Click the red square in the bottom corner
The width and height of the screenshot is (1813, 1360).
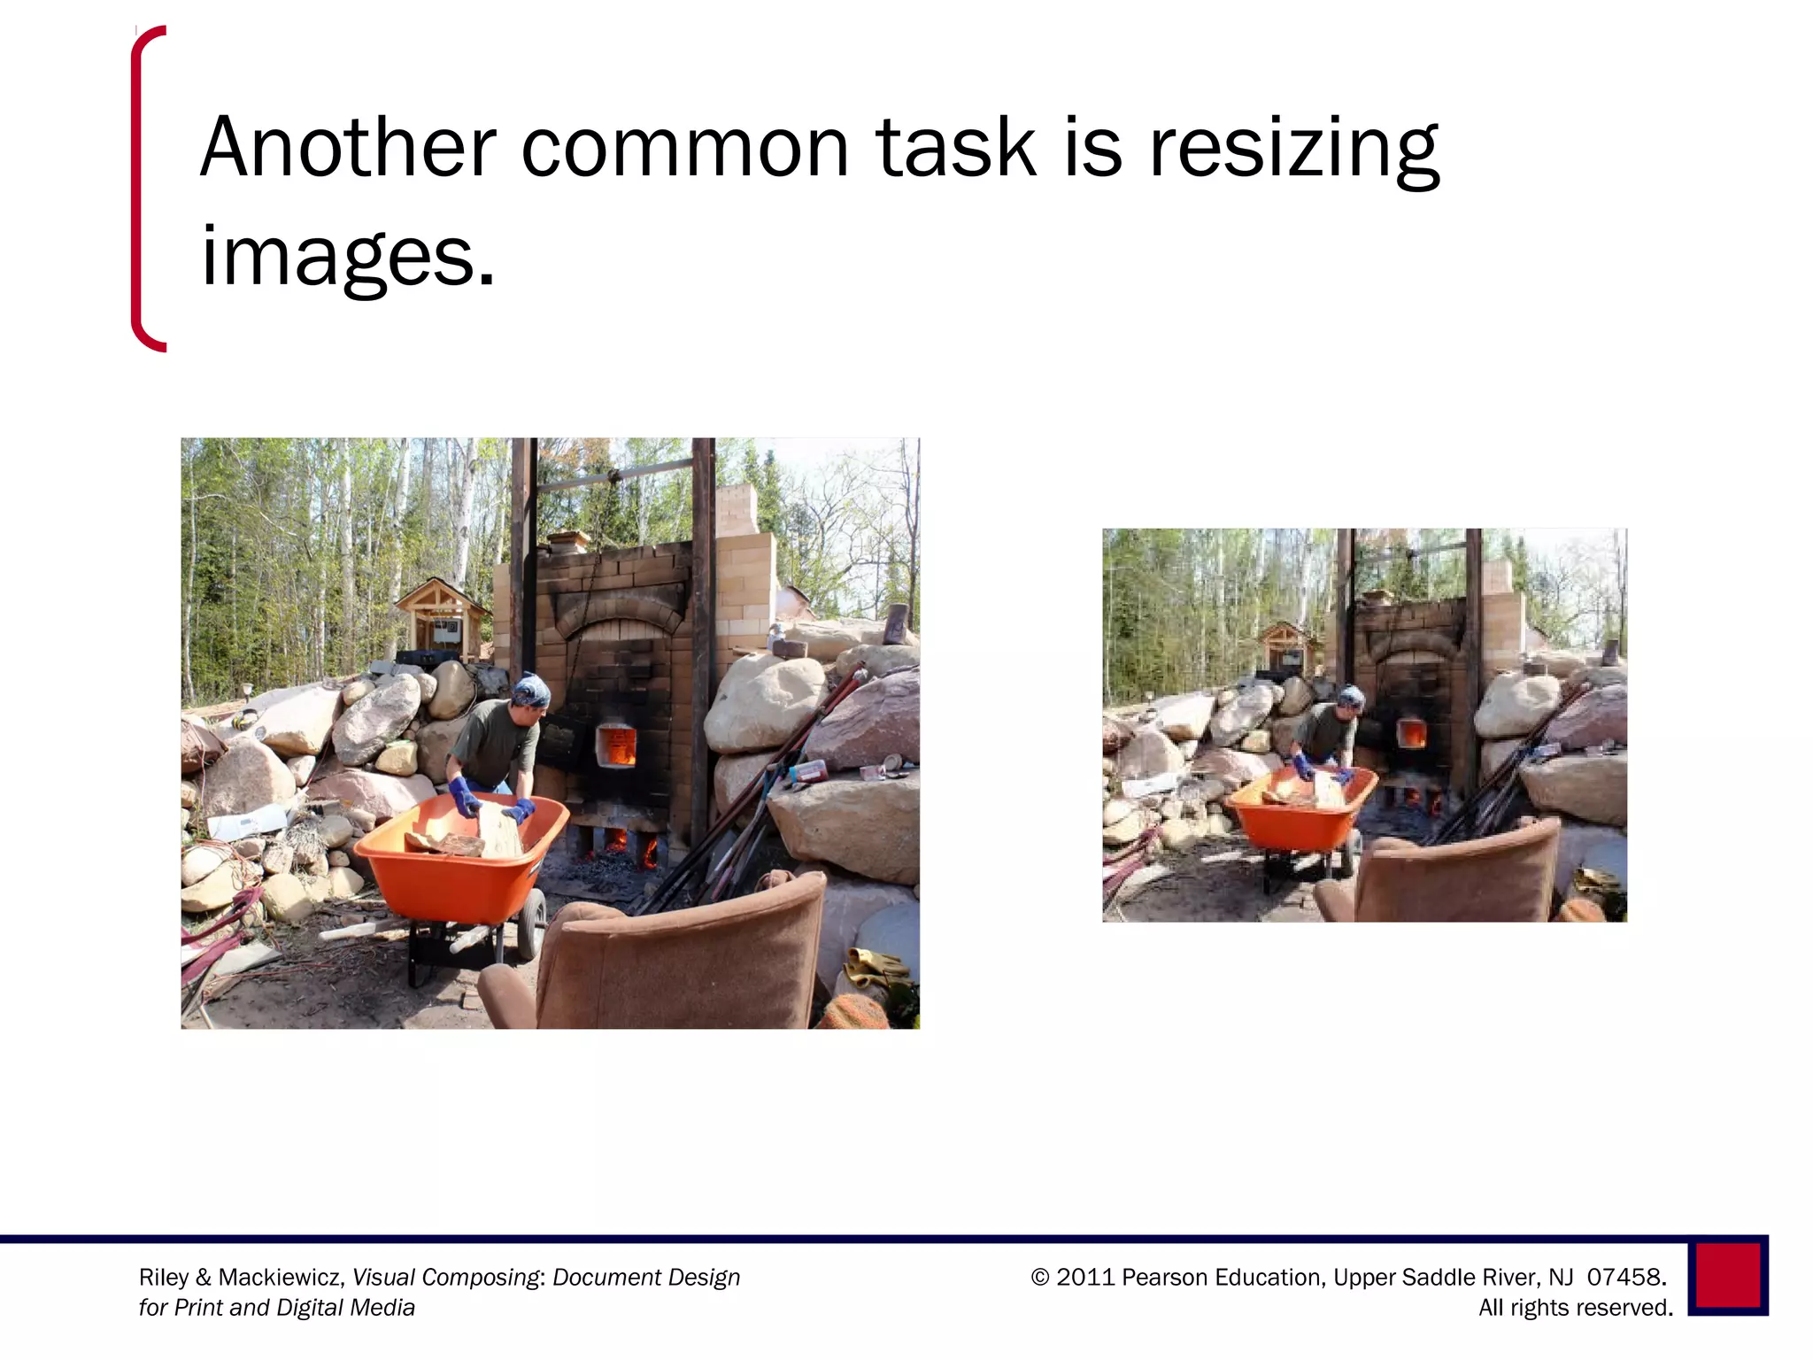click(1727, 1275)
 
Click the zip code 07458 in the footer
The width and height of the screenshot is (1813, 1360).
click(1624, 1277)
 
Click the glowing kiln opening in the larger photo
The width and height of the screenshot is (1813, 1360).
click(617, 745)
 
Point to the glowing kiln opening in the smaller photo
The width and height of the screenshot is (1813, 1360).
click(1411, 732)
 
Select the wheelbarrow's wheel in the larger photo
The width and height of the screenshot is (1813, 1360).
click(532, 923)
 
